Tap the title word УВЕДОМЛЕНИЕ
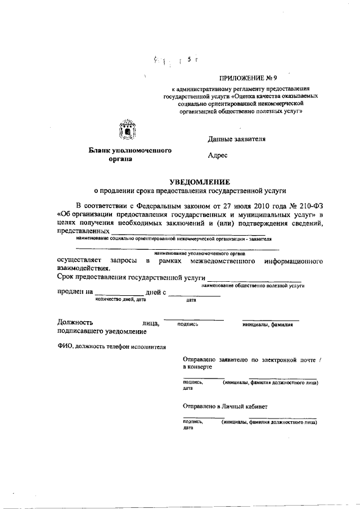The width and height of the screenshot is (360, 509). (x=201, y=182)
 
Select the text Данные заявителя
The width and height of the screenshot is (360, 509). (x=236, y=138)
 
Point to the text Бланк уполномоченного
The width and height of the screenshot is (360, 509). (x=130, y=150)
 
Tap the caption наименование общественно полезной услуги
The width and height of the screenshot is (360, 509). (x=252, y=286)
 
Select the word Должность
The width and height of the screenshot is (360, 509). (x=75, y=322)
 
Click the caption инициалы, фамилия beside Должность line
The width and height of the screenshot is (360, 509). (x=268, y=325)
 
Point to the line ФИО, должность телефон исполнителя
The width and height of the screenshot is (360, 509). (x=111, y=347)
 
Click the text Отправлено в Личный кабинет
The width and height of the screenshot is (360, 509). (x=226, y=405)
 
